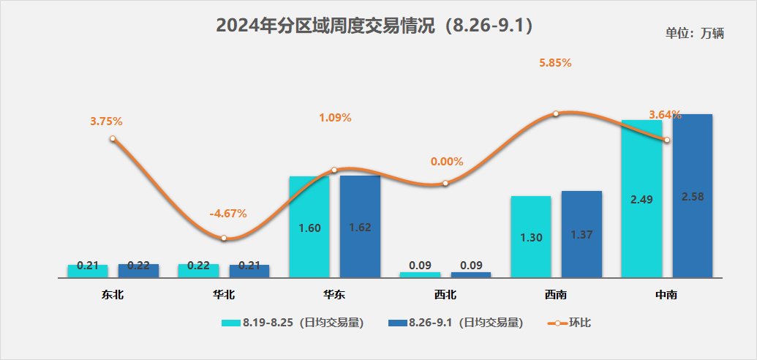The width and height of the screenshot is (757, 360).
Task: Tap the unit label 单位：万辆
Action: point(694,34)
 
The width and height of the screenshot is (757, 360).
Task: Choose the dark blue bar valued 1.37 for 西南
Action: point(581,234)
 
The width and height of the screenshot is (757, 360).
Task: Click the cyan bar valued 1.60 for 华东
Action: point(309,227)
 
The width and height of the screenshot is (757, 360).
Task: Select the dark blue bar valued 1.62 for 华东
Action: point(360,226)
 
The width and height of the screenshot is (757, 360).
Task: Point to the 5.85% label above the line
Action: point(555,63)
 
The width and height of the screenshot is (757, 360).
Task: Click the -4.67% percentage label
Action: point(228,214)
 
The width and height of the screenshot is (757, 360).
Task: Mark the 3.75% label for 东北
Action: point(106,121)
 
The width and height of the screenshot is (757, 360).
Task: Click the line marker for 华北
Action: point(224,239)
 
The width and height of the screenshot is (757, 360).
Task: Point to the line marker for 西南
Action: point(556,113)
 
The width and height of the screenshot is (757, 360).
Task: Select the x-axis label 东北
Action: point(113,295)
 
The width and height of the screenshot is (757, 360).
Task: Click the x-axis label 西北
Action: point(445,295)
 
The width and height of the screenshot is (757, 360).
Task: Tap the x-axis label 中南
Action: point(666,295)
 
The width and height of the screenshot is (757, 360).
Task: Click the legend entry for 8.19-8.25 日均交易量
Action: point(293,322)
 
